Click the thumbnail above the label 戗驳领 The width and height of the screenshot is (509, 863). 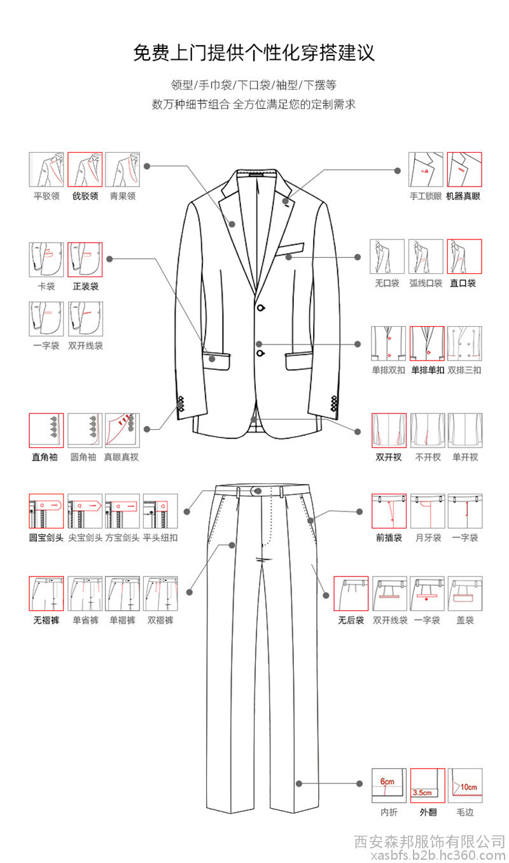pos(85,169)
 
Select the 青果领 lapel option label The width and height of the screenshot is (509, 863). pos(123,196)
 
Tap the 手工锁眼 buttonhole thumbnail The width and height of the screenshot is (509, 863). pos(426,169)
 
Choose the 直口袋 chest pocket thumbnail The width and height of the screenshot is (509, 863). pos(464,257)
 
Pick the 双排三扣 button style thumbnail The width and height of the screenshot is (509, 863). pos(464,344)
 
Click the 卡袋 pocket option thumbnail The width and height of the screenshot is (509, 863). pos(46,260)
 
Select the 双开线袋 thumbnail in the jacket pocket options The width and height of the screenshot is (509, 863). pos(85,319)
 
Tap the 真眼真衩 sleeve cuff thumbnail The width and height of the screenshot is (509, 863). pos(122,431)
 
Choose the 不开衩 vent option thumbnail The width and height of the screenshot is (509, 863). pos(428,431)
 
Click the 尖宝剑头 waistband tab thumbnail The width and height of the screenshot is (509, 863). pos(85,511)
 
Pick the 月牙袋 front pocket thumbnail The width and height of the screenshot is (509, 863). pos(428,511)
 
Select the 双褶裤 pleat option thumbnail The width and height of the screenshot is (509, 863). pos(160,594)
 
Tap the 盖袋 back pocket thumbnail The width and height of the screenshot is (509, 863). pos(464,594)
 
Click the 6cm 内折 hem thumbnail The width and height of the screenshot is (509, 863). pos(389,785)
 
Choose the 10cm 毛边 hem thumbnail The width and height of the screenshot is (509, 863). pos(464,785)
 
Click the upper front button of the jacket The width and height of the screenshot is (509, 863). pos(261,308)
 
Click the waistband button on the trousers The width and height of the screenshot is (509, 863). pos(258,491)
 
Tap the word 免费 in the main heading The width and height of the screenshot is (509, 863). pos(151,52)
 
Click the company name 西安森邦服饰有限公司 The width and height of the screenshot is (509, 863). pos(429,842)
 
